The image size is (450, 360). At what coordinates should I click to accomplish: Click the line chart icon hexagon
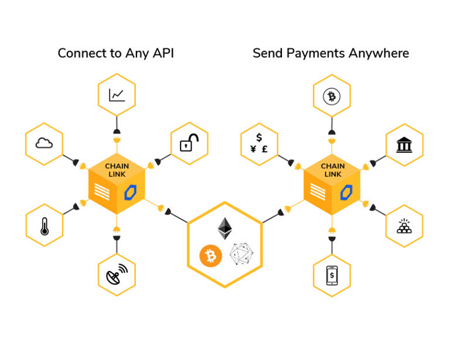[117, 95]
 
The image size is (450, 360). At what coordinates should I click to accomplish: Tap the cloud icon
[44, 144]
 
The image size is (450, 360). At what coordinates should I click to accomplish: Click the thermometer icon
[44, 226]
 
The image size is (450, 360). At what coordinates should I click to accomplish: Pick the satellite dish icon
[116, 274]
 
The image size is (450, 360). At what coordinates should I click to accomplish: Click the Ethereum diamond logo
[225, 228]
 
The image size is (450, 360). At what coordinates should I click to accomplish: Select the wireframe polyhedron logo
[242, 254]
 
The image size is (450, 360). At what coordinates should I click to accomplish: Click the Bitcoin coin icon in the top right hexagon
[332, 96]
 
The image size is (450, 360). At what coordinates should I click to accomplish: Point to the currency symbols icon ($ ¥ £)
[259, 144]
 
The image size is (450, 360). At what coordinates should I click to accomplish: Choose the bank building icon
[404, 145]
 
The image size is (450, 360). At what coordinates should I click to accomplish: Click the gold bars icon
[404, 226]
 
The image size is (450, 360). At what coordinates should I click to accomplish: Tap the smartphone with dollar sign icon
[332, 275]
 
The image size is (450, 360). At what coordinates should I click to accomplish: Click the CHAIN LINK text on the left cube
[117, 170]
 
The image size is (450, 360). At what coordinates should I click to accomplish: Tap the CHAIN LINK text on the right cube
[333, 170]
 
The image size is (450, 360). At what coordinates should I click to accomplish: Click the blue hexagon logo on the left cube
[130, 192]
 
